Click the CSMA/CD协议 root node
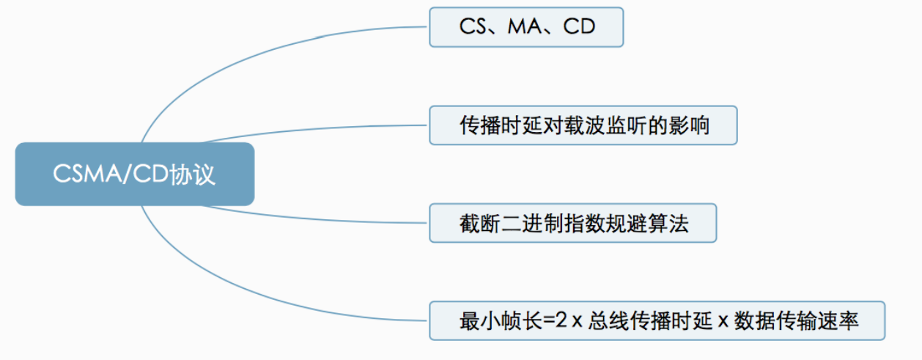(135, 174)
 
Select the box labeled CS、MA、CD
(526, 27)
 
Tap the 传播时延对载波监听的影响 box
(583, 125)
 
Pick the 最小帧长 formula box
(657, 320)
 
